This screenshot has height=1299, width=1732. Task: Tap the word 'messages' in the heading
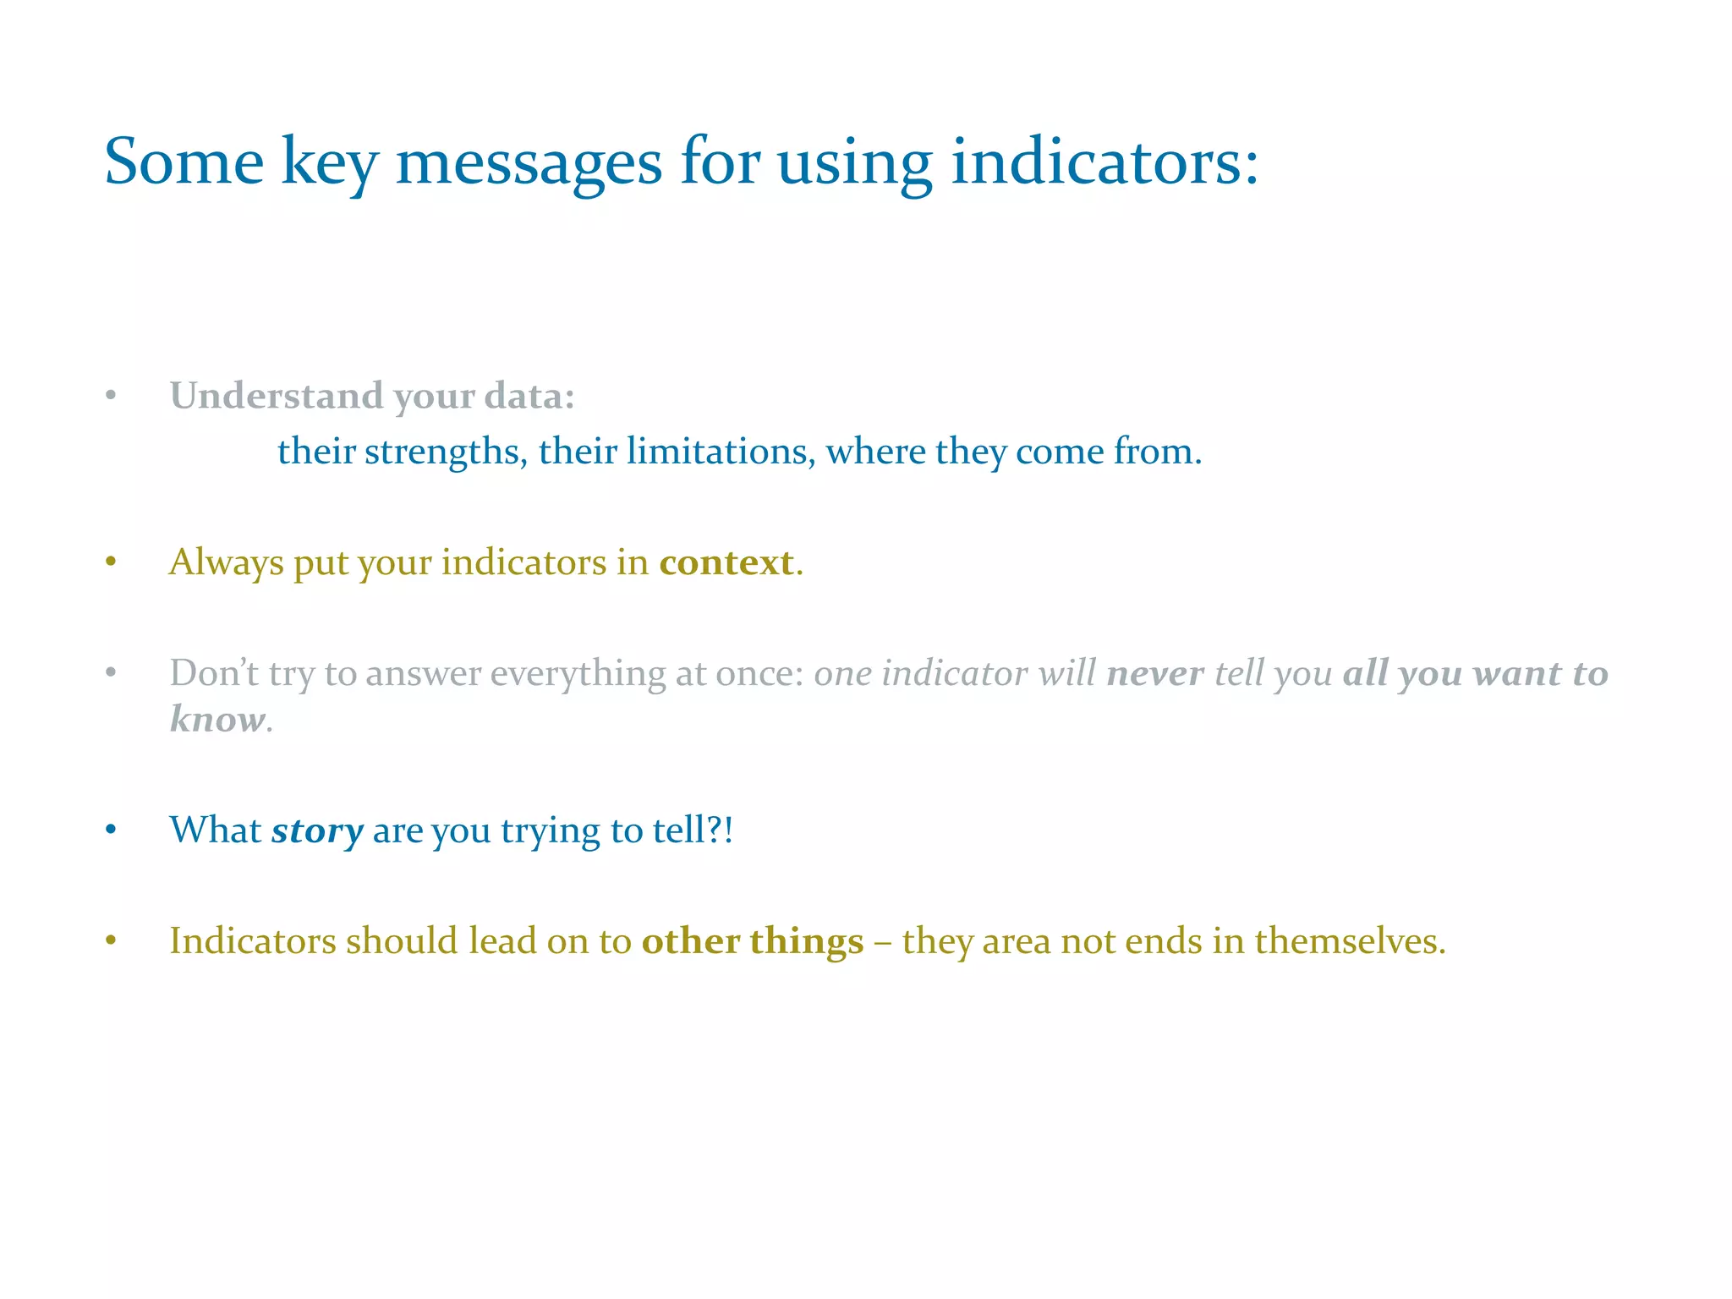coord(529,162)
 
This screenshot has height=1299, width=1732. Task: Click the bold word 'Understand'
coord(277,396)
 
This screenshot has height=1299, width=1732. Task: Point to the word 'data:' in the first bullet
coord(529,396)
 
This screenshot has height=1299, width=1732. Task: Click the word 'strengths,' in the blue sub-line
coord(446,452)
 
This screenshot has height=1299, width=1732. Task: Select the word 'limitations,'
coord(719,452)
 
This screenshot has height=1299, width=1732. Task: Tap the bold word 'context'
coord(726,563)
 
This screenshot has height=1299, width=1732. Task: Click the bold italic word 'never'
coord(1154,674)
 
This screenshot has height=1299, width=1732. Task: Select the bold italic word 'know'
coord(217,720)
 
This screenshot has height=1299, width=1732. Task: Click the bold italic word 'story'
coord(317,831)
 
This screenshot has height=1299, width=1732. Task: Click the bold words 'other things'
coord(752,941)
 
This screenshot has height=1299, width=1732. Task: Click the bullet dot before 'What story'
coord(111,830)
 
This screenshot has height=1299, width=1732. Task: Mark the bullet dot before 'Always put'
coord(111,562)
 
